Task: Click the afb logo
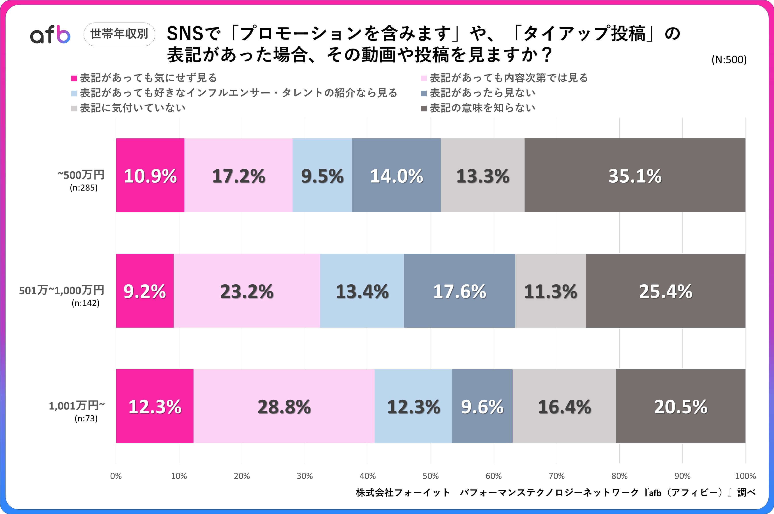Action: (50, 34)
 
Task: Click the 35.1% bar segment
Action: (635, 175)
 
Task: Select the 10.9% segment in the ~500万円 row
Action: (150, 175)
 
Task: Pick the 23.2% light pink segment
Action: (247, 291)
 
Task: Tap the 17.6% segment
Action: (459, 291)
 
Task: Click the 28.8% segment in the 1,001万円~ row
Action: (284, 406)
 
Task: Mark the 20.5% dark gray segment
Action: (681, 406)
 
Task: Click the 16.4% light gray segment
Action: (564, 406)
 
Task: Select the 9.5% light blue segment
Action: (322, 175)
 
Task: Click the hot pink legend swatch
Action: (74, 78)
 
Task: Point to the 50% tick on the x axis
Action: (430, 476)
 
